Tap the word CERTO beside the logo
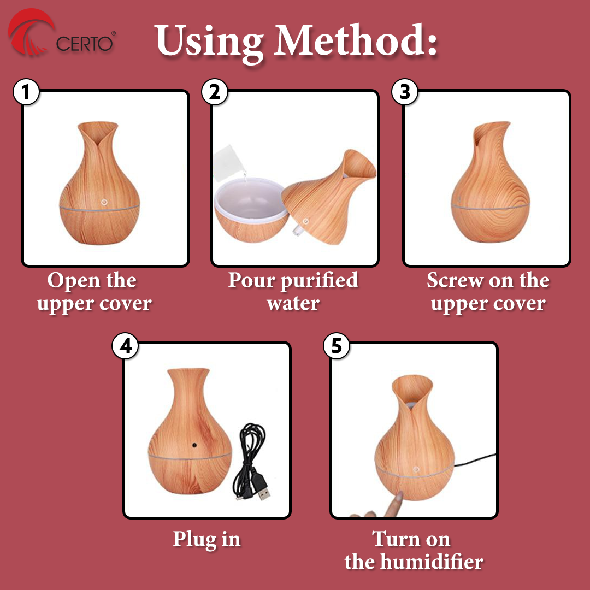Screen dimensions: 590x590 point(84,44)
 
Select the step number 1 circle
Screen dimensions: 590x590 point(26,92)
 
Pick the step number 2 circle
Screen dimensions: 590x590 point(215,92)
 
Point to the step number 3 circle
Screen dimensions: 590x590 point(405,92)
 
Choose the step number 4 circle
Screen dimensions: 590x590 point(125,346)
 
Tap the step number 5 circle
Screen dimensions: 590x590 point(337,346)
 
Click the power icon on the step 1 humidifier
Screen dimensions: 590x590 point(104,203)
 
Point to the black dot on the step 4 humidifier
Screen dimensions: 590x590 point(194,445)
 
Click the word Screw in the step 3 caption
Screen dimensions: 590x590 point(456,280)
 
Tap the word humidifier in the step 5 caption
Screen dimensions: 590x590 point(432,562)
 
